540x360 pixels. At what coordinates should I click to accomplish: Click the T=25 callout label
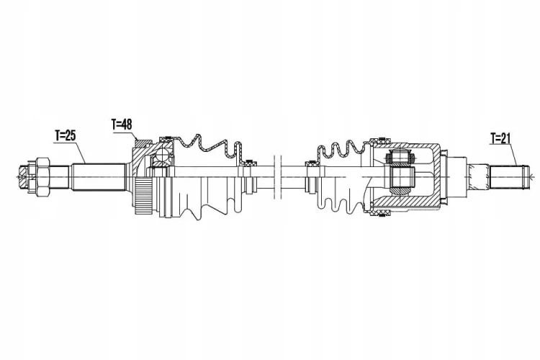click(65, 135)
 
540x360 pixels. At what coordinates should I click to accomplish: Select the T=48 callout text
click(122, 125)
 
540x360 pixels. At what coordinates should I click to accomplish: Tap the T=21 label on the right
click(500, 138)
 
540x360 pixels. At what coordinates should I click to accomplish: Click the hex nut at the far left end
click(42, 177)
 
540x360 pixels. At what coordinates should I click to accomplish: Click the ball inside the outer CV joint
click(161, 154)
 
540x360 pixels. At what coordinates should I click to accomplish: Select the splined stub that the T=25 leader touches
click(99, 177)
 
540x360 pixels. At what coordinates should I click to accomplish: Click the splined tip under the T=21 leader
click(508, 177)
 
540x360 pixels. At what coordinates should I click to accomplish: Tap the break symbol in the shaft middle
click(278, 177)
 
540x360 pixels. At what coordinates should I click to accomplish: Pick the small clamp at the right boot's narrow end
click(312, 164)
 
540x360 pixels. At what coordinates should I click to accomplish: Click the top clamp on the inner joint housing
click(380, 140)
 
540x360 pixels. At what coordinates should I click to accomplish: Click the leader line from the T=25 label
click(80, 152)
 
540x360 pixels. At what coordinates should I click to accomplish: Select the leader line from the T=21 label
click(513, 154)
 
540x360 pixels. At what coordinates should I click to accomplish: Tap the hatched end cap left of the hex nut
click(23, 176)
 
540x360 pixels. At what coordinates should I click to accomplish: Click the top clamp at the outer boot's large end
click(167, 138)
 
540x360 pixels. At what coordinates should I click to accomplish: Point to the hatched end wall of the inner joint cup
click(437, 176)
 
